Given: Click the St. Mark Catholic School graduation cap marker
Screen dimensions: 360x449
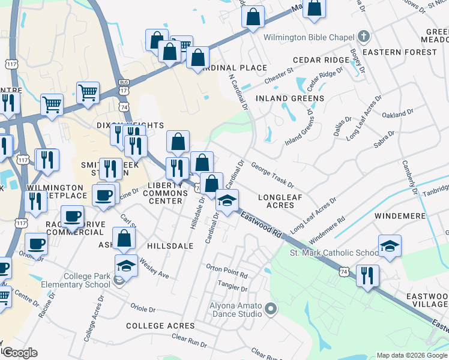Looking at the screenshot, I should click(x=389, y=245).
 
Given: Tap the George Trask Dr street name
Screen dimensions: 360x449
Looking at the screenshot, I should click(x=272, y=174).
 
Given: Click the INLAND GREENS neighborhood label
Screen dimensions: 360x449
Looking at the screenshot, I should click(x=290, y=98).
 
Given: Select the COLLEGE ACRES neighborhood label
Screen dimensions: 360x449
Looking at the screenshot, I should click(x=160, y=326).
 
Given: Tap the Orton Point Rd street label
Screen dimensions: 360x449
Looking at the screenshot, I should click(x=227, y=271).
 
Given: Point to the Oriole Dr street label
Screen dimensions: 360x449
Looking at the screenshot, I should click(x=143, y=308).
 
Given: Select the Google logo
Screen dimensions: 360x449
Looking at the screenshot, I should click(x=19, y=353).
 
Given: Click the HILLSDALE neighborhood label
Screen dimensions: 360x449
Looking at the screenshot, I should click(x=171, y=246).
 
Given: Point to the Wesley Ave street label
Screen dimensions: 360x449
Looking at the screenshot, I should click(x=154, y=268).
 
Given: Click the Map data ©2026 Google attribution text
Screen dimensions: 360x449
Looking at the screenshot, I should click(x=412, y=355).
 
